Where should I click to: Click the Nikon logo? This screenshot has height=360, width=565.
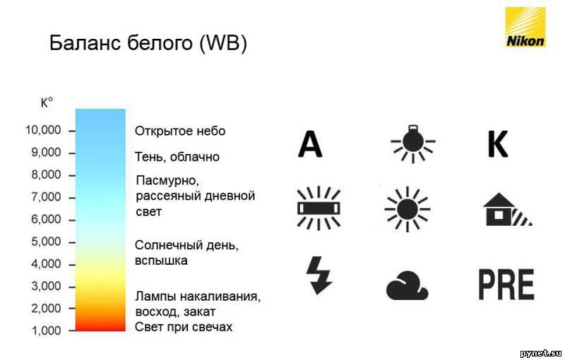(x=525, y=27)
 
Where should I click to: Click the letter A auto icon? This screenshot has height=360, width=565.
(x=310, y=144)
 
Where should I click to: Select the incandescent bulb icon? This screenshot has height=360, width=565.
(x=413, y=143)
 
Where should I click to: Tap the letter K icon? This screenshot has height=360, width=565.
(x=498, y=144)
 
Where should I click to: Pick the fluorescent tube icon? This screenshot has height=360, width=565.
(x=319, y=208)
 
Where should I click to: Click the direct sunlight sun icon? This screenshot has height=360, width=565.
(x=408, y=209)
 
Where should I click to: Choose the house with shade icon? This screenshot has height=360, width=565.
(x=507, y=210)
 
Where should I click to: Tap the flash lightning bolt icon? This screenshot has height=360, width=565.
(x=319, y=275)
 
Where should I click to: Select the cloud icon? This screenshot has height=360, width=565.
(x=407, y=285)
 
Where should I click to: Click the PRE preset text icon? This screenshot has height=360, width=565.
(x=506, y=284)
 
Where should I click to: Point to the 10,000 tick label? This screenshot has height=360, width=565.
(x=43, y=130)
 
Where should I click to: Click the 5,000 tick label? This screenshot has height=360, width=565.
(x=46, y=241)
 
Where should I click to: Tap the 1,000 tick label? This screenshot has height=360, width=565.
(x=47, y=330)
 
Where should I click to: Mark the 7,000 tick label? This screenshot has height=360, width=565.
(x=46, y=197)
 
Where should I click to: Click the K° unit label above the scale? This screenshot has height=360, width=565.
(x=47, y=102)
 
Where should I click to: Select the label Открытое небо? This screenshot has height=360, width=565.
(x=180, y=131)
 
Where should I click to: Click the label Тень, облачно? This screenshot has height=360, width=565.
(x=177, y=157)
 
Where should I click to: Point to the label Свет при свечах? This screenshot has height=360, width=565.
(x=184, y=327)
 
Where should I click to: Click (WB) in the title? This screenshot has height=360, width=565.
(x=222, y=43)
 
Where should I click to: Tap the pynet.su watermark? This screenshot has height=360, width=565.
(x=541, y=353)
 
